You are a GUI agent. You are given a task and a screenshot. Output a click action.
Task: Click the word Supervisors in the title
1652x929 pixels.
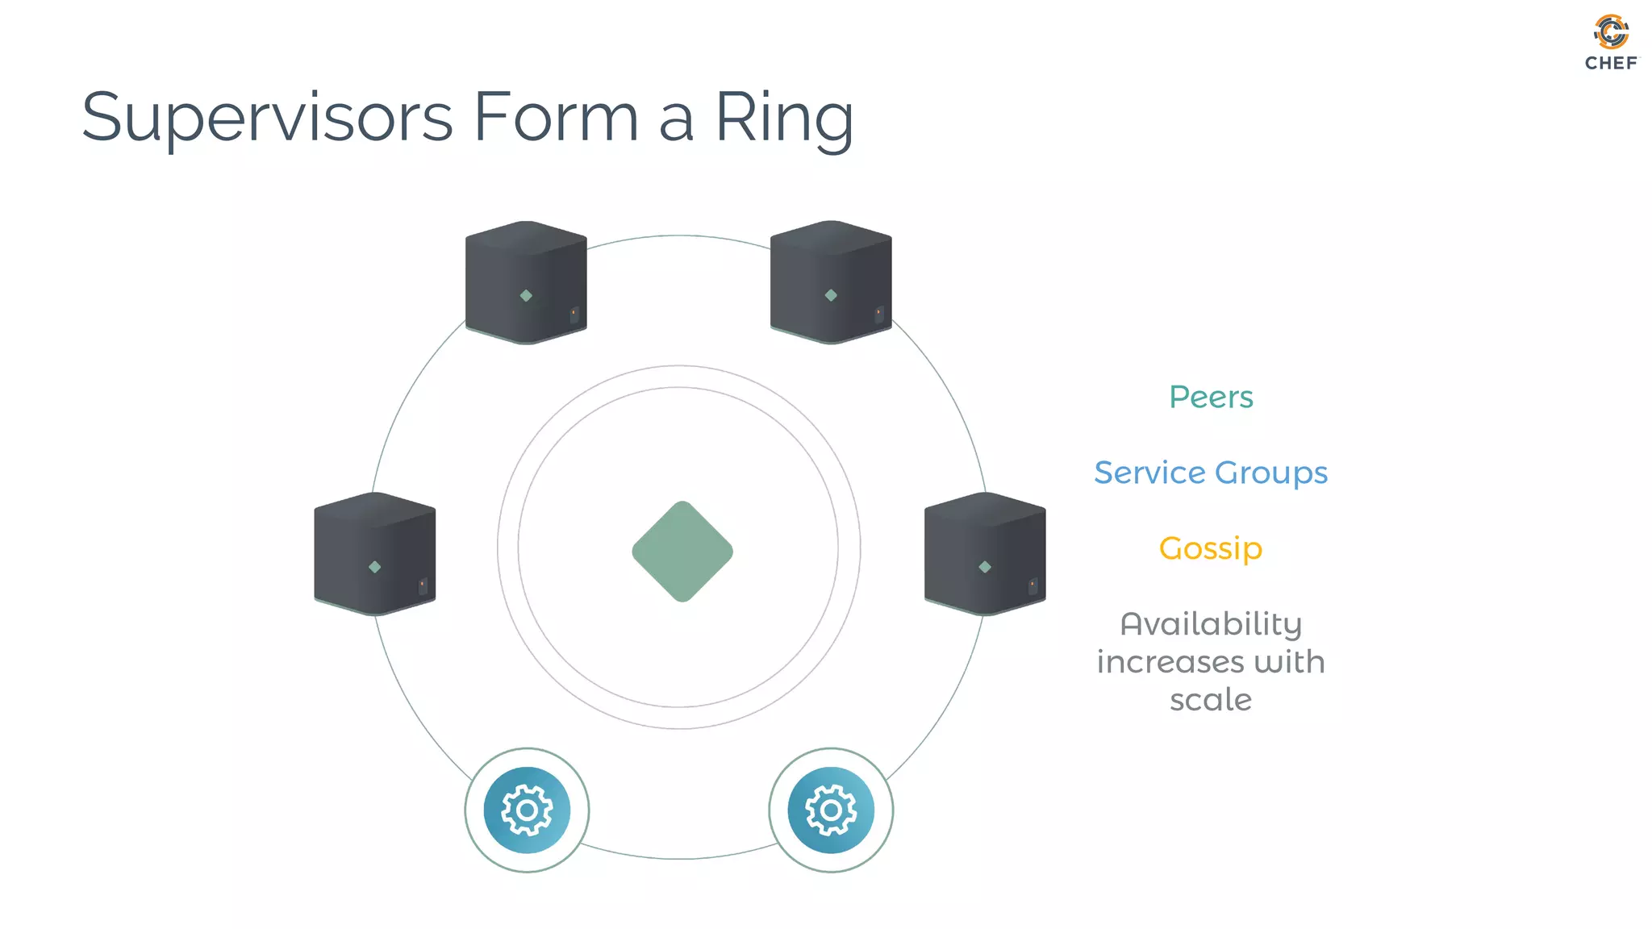(x=267, y=119)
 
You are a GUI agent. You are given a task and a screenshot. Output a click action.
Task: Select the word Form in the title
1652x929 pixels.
(x=556, y=117)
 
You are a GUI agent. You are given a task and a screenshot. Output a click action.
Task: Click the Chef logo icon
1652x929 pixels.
(x=1611, y=31)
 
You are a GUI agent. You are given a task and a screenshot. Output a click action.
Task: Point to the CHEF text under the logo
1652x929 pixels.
(x=1611, y=63)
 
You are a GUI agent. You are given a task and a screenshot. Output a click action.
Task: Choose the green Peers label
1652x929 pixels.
(x=1211, y=397)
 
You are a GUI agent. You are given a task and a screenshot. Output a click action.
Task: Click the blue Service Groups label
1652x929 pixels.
(x=1211, y=473)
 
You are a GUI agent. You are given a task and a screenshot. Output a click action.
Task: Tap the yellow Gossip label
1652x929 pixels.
(x=1211, y=548)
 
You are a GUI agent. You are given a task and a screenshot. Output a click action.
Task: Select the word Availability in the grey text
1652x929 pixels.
(x=1211, y=623)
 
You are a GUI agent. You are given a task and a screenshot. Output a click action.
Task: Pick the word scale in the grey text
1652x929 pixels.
(x=1211, y=700)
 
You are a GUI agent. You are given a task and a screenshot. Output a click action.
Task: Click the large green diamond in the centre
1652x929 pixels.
(x=682, y=552)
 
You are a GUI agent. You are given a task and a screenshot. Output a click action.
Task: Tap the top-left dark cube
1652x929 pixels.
(x=526, y=282)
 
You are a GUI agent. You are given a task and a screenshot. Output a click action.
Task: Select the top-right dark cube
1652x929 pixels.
(x=831, y=282)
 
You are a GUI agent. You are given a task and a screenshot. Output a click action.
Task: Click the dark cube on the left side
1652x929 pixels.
(x=374, y=554)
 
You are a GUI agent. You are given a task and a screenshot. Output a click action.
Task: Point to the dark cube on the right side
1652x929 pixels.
(x=985, y=554)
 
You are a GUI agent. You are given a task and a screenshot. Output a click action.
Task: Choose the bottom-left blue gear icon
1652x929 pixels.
(x=527, y=810)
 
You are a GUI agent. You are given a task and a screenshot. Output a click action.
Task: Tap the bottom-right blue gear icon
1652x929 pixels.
(x=831, y=810)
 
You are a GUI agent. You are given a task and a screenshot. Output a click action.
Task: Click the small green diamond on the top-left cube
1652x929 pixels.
(x=526, y=296)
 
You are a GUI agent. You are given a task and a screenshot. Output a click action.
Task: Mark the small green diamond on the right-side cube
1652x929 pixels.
(x=985, y=567)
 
